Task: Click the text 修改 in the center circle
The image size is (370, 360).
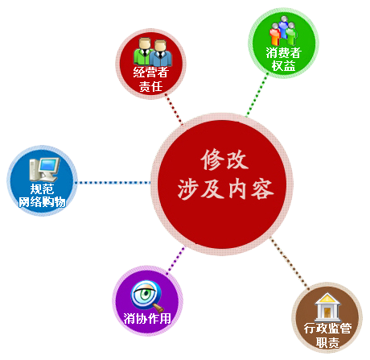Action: (x=224, y=159)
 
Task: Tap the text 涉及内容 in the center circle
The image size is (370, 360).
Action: (x=225, y=188)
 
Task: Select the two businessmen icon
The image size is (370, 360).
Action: (x=153, y=52)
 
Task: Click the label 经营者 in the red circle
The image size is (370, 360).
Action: (x=151, y=72)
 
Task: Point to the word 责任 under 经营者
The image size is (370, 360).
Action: (x=150, y=86)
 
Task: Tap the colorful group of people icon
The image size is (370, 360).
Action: (x=284, y=31)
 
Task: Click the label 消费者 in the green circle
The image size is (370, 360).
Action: (x=284, y=53)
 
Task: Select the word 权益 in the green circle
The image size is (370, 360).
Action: (x=284, y=66)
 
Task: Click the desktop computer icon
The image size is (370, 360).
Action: (x=44, y=169)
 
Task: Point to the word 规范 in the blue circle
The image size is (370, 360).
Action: (x=42, y=189)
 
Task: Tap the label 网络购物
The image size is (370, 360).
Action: (x=42, y=202)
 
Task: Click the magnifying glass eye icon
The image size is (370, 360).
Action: (x=146, y=296)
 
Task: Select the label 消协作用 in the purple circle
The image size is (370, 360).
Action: (x=147, y=319)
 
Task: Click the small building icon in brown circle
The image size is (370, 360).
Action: (x=327, y=308)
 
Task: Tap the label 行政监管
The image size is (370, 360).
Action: (x=327, y=329)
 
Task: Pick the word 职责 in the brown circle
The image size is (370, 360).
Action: (x=327, y=342)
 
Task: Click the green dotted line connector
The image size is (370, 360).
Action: (x=257, y=95)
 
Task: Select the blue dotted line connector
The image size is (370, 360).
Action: (x=113, y=183)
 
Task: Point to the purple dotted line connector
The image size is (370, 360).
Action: (x=175, y=261)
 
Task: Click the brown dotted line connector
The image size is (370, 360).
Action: (x=290, y=263)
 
